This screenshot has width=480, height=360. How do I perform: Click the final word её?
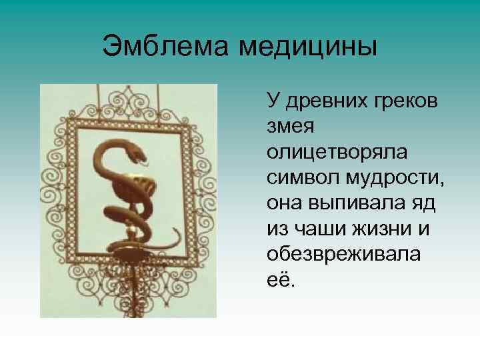click(x=279, y=279)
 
